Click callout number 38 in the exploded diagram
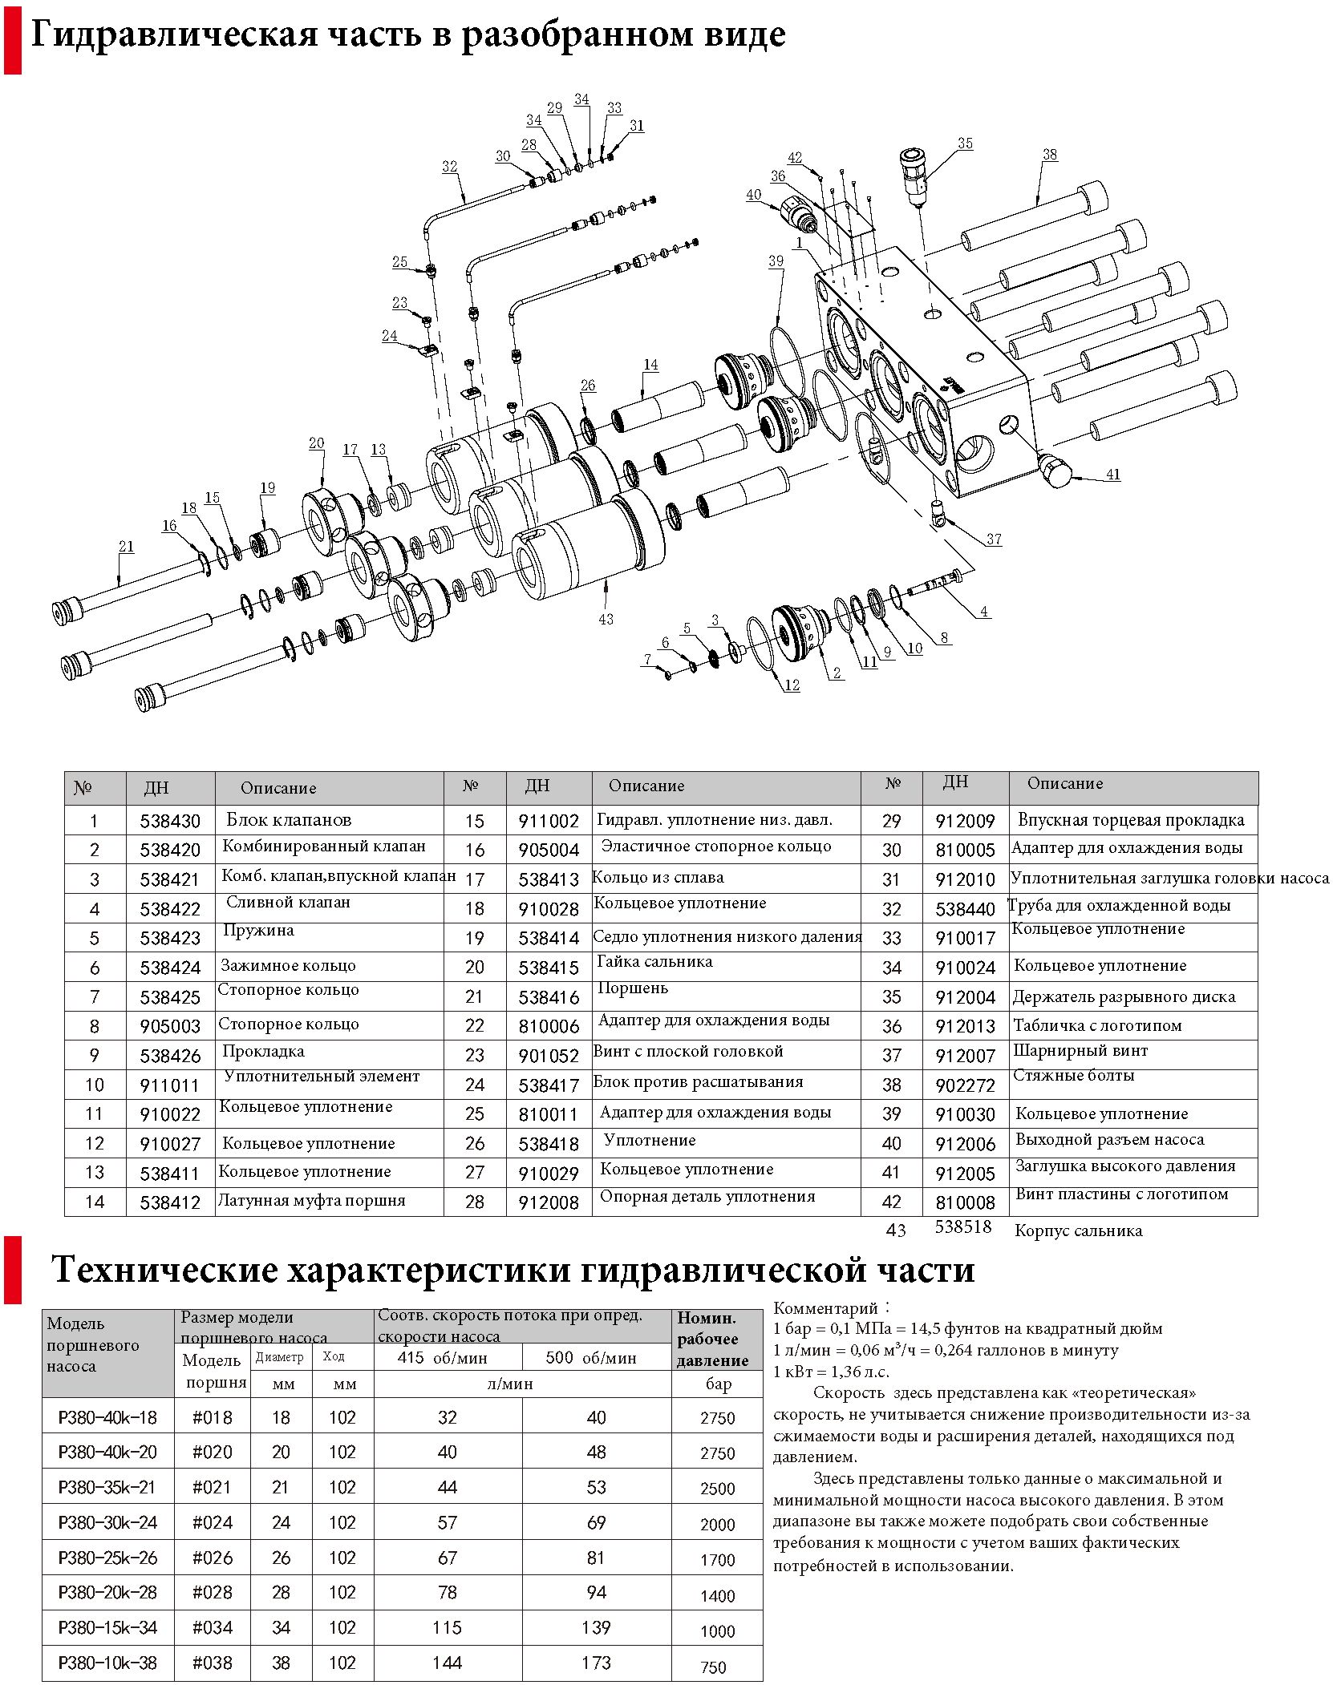click(x=1049, y=155)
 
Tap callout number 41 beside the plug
click(x=1112, y=475)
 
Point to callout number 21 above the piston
click(x=127, y=547)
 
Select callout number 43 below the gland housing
click(x=606, y=619)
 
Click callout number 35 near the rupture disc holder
click(x=965, y=143)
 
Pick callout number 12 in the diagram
click(x=792, y=685)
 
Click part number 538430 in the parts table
click(x=170, y=822)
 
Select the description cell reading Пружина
click(x=258, y=931)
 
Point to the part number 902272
click(x=965, y=1085)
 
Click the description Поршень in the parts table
click(x=633, y=988)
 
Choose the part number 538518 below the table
click(x=963, y=1227)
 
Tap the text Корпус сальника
click(x=1078, y=1231)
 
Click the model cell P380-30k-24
click(x=107, y=1522)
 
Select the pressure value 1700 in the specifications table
click(x=717, y=1560)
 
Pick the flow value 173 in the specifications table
click(x=596, y=1663)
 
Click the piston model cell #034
click(x=213, y=1628)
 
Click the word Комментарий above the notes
click(x=825, y=1308)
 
